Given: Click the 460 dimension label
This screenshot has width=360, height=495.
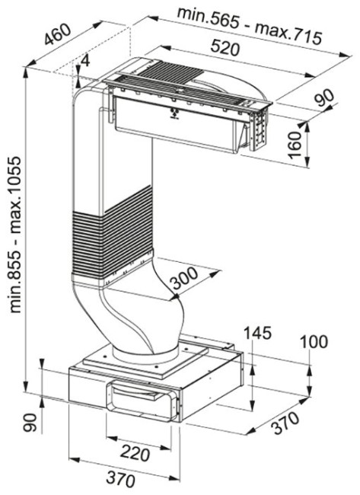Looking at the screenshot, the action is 58,34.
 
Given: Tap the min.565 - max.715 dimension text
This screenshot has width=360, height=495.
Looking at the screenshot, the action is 250,25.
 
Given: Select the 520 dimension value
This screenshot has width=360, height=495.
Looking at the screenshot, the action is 225,48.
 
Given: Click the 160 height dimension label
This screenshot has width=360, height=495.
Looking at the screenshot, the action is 295,145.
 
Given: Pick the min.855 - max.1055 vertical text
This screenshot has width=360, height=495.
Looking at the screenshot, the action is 15,235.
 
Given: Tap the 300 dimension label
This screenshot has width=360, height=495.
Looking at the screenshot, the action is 185,279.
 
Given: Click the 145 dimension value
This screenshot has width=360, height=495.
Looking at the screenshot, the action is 257,334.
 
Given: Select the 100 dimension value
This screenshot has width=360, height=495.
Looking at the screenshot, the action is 314,342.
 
